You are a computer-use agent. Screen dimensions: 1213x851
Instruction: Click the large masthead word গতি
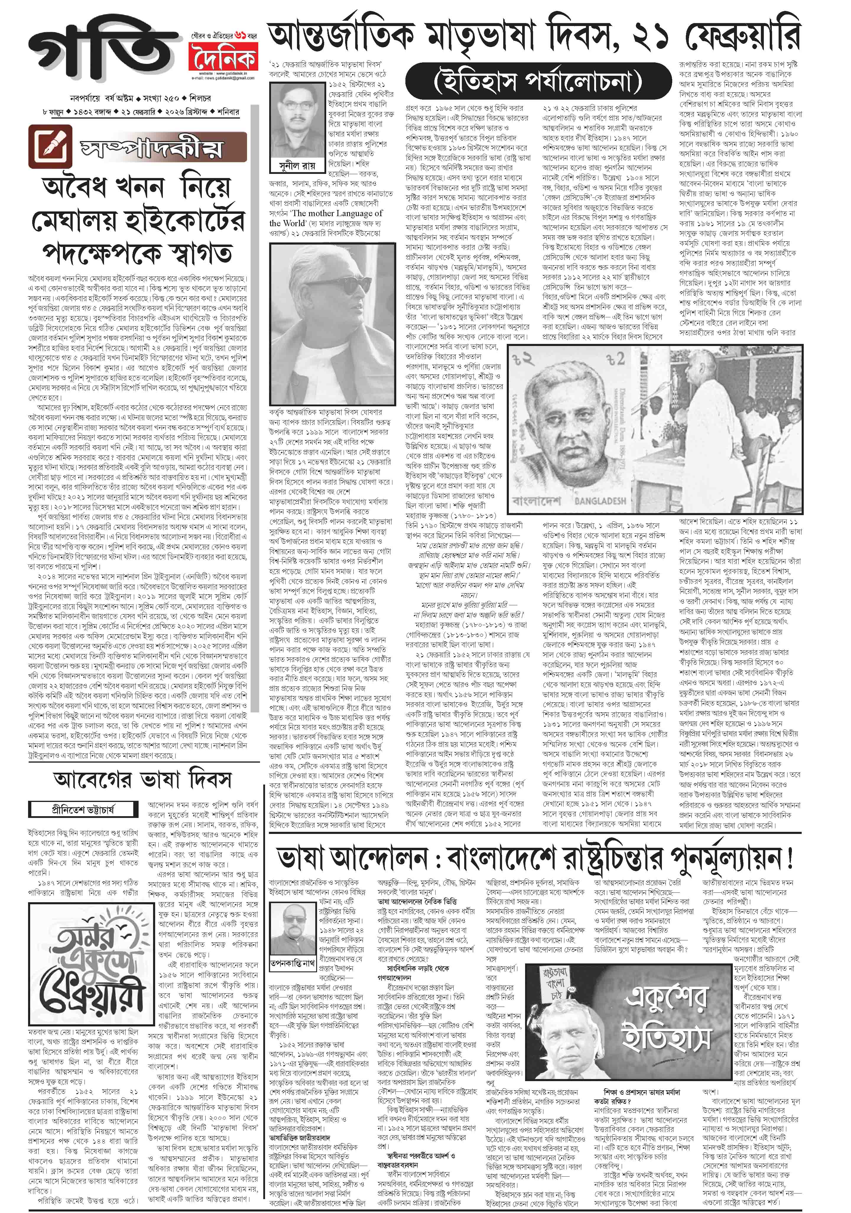tap(100, 50)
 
